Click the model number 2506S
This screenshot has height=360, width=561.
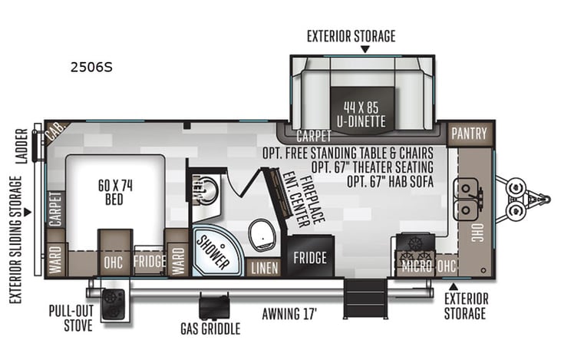(x=91, y=67)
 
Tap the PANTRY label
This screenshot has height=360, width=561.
(x=469, y=134)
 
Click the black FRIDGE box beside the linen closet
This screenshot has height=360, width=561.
(x=310, y=257)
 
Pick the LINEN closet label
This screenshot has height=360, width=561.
(x=265, y=268)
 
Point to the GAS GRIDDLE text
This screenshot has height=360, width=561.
(x=210, y=329)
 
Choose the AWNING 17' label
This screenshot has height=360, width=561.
(x=289, y=313)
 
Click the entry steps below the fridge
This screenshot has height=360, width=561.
(x=356, y=296)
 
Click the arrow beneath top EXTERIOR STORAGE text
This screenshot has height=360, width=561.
(x=365, y=48)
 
